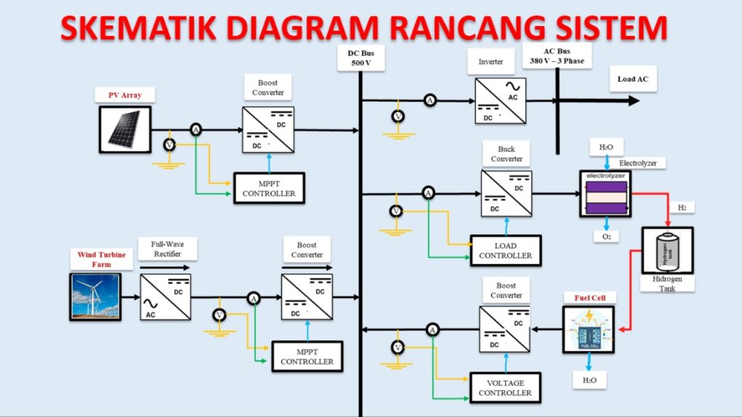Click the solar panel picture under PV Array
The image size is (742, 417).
tap(125, 129)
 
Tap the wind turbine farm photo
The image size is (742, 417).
tap(95, 295)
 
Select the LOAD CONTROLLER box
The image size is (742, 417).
tap(505, 250)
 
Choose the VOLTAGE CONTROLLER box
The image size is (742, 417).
tap(505, 388)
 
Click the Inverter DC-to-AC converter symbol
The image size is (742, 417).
tap(500, 101)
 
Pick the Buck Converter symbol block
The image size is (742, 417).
tap(505, 193)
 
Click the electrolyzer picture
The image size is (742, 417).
tap(605, 194)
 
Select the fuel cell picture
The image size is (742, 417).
tap(588, 329)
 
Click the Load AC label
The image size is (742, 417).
tap(633, 79)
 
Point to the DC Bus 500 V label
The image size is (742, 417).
tap(360, 58)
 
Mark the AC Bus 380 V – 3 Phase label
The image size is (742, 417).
tap(556, 56)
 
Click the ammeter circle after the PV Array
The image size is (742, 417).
tap(195, 130)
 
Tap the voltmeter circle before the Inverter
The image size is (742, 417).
tap(396, 116)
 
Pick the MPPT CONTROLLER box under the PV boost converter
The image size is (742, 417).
tap(269, 188)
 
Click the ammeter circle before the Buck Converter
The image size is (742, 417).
tap(428, 193)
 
